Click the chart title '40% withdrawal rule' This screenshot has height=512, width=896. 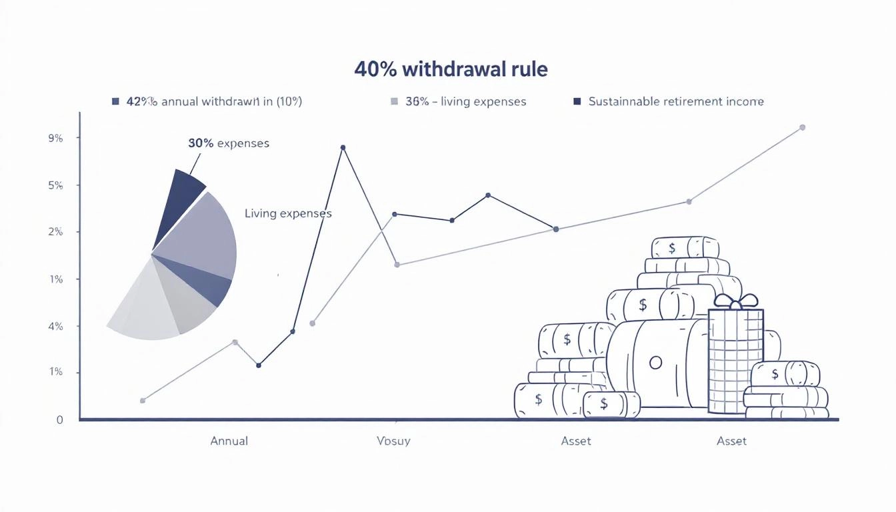tap(451, 69)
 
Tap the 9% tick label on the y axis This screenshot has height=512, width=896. tap(55, 139)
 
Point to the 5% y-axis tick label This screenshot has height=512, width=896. tap(55, 185)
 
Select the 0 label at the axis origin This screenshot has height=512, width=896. tap(60, 419)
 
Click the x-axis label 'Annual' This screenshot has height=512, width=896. tap(229, 441)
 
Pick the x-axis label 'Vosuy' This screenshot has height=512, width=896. tap(393, 441)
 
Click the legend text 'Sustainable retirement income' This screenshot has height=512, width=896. tap(676, 102)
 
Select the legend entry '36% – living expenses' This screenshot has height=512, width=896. tap(465, 102)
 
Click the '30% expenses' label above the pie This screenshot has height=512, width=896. tap(229, 143)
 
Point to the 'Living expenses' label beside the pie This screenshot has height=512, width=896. tap(288, 214)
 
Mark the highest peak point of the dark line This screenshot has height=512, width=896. tap(343, 147)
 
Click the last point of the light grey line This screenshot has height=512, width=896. tap(802, 127)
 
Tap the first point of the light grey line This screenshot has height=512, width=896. tap(143, 401)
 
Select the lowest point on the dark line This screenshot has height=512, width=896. tap(259, 365)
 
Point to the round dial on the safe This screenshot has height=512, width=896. tap(655, 363)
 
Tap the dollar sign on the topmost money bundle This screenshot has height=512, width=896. tap(672, 248)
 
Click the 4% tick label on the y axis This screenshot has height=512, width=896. tap(55, 326)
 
